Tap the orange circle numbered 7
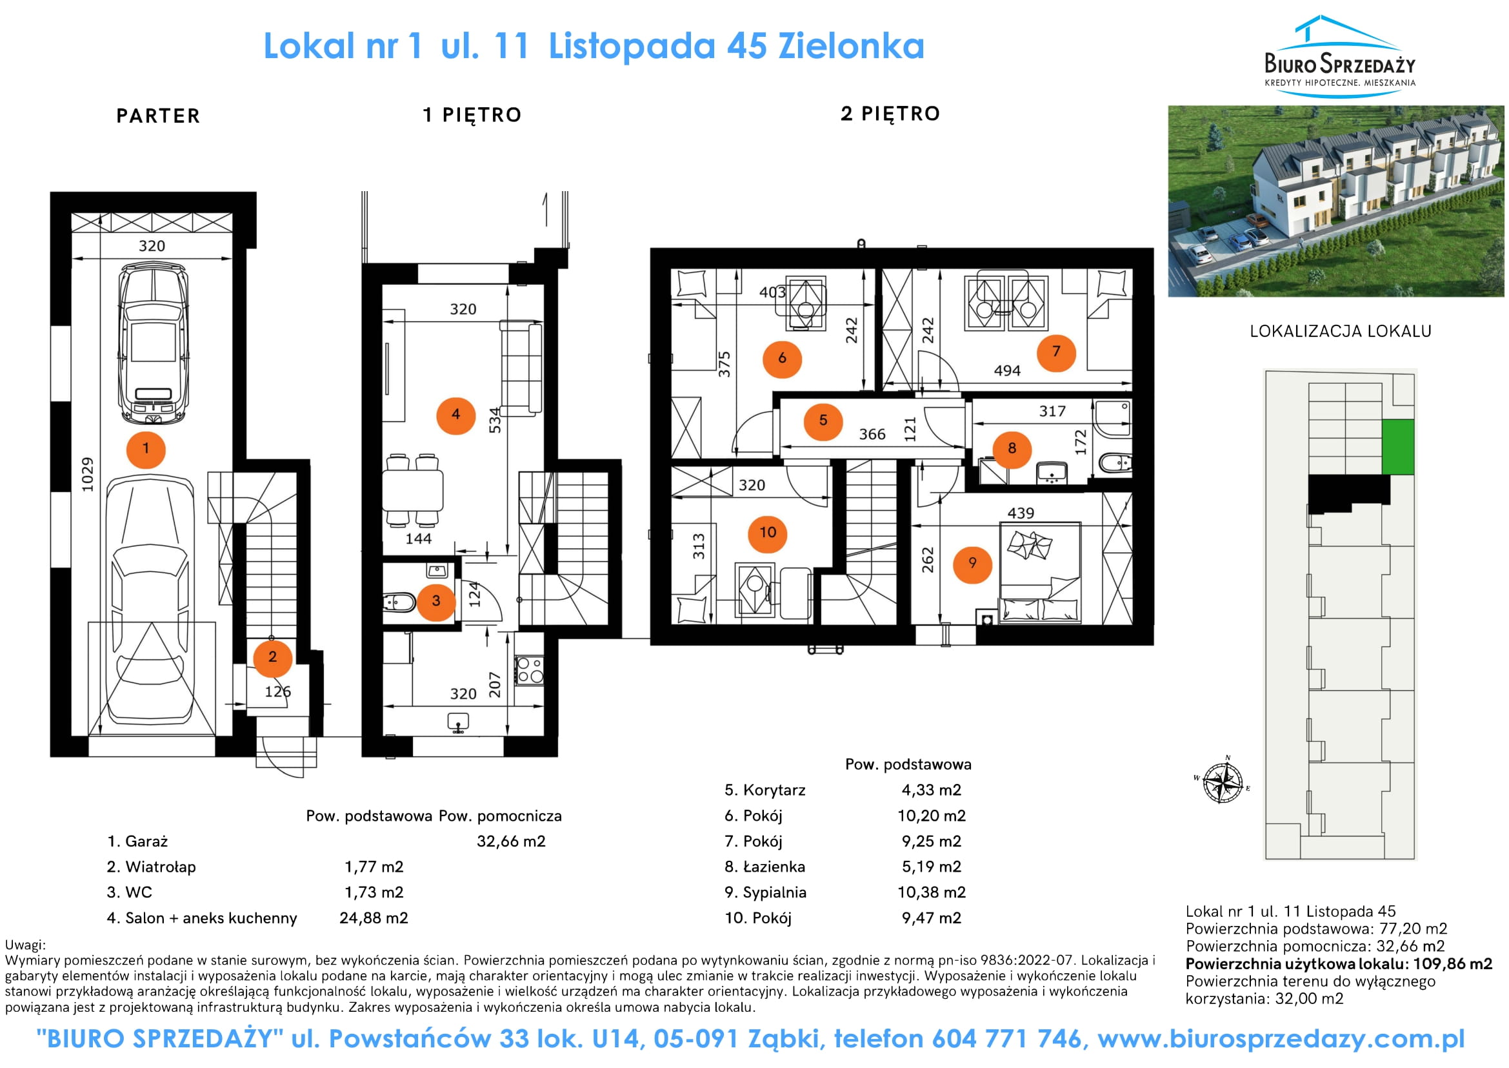pos(1055,352)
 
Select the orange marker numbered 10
pos(768,533)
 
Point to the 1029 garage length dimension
pos(87,474)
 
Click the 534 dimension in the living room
pos(494,420)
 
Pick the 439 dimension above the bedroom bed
pos(1020,513)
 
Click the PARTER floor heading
pos(157,116)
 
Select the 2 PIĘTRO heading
pos(890,114)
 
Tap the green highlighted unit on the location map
pos(1397,447)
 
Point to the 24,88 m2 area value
pos(374,918)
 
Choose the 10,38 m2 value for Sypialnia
pos(932,892)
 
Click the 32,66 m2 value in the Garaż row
pos(511,841)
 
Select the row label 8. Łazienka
pos(764,867)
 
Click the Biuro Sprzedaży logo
pos(1339,57)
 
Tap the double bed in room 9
pos(1040,573)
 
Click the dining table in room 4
pos(414,489)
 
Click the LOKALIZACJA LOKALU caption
pos(1340,331)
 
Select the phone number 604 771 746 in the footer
pos(1006,1039)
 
